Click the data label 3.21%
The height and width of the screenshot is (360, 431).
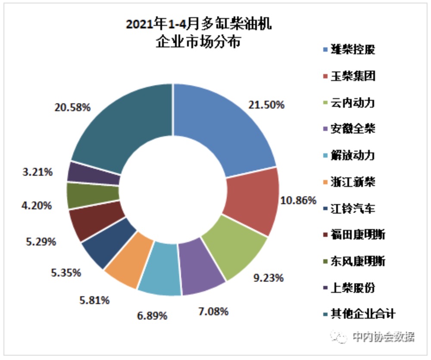(37, 172)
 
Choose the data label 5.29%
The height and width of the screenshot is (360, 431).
(41, 241)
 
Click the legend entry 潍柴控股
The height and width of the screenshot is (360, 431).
(353, 50)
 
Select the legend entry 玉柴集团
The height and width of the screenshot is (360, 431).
(353, 76)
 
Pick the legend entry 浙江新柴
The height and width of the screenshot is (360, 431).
(353, 182)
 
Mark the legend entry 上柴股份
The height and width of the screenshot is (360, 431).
(353, 288)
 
